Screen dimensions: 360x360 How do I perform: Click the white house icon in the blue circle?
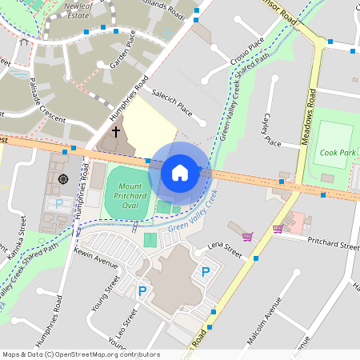(180, 172)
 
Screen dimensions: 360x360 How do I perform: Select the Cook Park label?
(337, 152)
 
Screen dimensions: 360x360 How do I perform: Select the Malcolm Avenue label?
(264, 320)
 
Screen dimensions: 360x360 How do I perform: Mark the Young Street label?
(106, 292)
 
